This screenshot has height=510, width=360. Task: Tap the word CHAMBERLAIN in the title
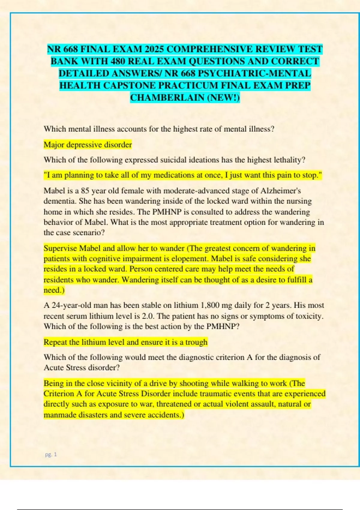click(167, 98)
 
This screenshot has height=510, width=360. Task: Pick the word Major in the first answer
click(53, 145)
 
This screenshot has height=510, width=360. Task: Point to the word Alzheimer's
click(280, 191)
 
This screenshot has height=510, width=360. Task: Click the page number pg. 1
click(51, 454)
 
